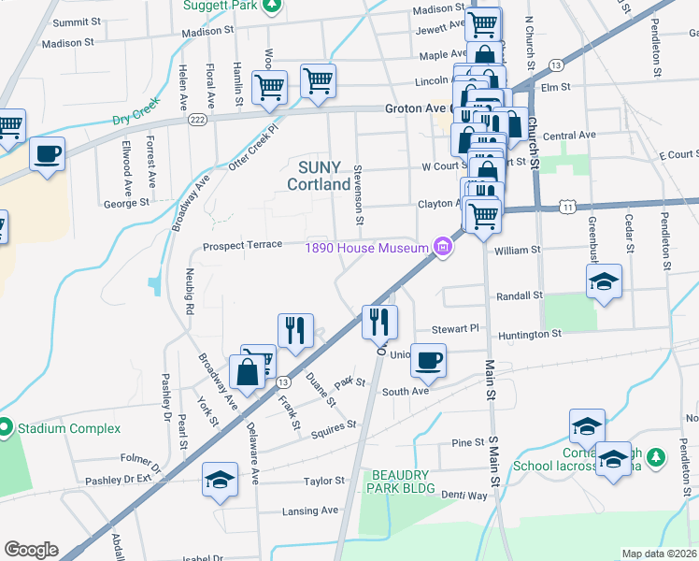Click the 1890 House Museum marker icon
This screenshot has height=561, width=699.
(x=443, y=248)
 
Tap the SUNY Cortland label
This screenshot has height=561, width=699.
(x=324, y=175)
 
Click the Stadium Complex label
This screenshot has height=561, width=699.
(x=66, y=428)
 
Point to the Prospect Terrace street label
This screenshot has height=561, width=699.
(x=243, y=245)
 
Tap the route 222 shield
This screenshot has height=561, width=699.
(x=196, y=119)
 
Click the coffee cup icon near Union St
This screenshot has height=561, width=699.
(x=428, y=360)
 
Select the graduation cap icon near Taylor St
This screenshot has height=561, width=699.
(x=220, y=480)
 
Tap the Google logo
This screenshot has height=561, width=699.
(x=30, y=550)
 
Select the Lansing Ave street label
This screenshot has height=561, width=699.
(x=310, y=511)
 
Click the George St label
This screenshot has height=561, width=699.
(x=126, y=202)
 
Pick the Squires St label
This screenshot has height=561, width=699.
(x=334, y=424)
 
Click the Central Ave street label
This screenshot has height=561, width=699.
(x=568, y=136)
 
